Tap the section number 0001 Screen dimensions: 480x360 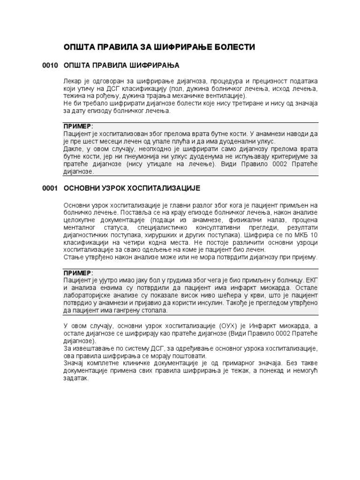(50, 188)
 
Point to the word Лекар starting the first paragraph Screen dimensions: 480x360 (72, 81)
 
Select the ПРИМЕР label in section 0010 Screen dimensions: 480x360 (78, 127)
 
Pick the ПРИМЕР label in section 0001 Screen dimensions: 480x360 (78, 273)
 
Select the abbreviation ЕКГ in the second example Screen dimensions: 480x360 (311, 280)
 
